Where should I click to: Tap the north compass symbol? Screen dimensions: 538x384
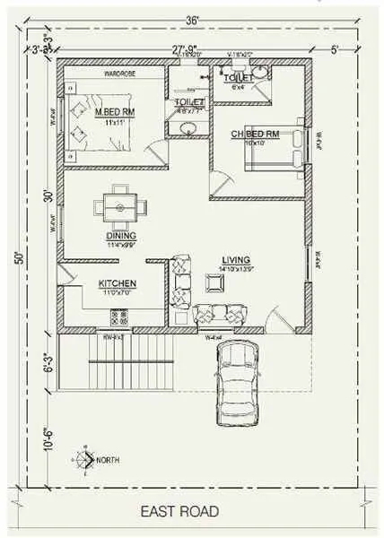coord(85,459)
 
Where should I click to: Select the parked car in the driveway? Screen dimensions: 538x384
coord(236,383)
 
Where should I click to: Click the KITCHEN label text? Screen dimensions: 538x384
coord(117,284)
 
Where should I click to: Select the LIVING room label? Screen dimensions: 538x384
coord(236,261)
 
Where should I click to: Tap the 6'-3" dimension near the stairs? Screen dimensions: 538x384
coord(48,365)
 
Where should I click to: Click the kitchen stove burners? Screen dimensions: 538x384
coord(118,316)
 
